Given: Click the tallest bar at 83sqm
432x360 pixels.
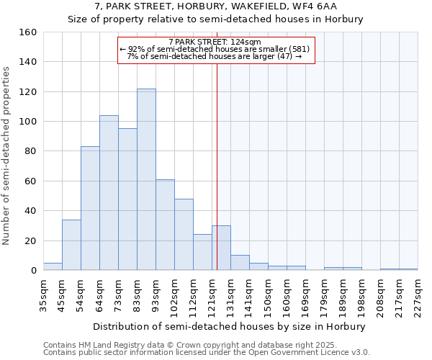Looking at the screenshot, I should tap(146, 179).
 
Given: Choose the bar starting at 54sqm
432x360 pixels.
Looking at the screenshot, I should tap(90, 208).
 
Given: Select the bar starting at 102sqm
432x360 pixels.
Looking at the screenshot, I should tap(184, 234).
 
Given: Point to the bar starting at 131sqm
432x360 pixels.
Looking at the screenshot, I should tap(240, 263).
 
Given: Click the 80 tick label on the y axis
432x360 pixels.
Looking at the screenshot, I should tap(31, 151).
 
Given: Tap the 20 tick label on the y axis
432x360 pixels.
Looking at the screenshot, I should tap(31, 240).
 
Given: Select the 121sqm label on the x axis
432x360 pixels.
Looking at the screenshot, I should tap(212, 296).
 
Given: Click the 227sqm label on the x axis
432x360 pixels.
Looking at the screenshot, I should tap(418, 296).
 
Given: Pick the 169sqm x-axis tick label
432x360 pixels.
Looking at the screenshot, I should tap(305, 296).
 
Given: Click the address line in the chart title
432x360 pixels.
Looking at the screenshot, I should tap(216, 6).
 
